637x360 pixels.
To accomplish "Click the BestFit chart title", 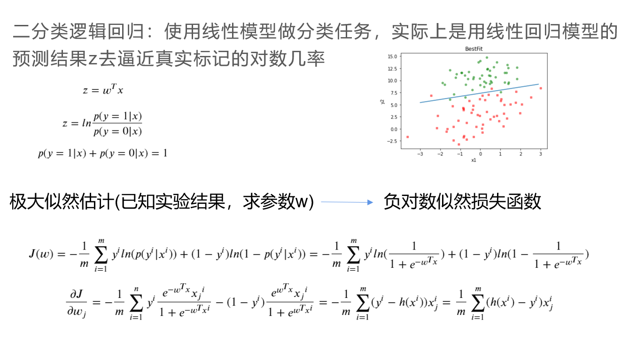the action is point(474,49).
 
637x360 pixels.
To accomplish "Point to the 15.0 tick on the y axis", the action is point(392,56).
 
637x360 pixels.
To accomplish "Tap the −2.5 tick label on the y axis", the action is point(392,141).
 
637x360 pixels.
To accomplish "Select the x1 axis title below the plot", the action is point(474,160).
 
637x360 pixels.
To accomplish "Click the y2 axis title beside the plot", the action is point(382,102).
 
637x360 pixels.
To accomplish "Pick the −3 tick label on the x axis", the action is point(420,154).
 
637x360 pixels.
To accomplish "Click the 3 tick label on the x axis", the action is point(541,154).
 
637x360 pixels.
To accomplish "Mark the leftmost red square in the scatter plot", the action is point(407,137).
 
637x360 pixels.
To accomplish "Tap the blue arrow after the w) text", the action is point(347,202).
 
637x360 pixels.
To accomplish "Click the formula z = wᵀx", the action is point(103,89).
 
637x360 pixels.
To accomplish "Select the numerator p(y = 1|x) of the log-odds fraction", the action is point(118,117).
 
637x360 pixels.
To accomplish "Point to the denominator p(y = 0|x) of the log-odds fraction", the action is point(118,132).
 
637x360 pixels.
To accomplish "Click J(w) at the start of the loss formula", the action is point(41,254).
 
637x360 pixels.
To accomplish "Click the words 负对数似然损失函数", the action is point(462,202).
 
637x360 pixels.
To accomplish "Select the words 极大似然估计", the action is point(62,202).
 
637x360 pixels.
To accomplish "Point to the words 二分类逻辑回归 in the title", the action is point(78,31).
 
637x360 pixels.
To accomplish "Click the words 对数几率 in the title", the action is point(287,59).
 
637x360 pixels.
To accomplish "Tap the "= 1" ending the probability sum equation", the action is point(159,153).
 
